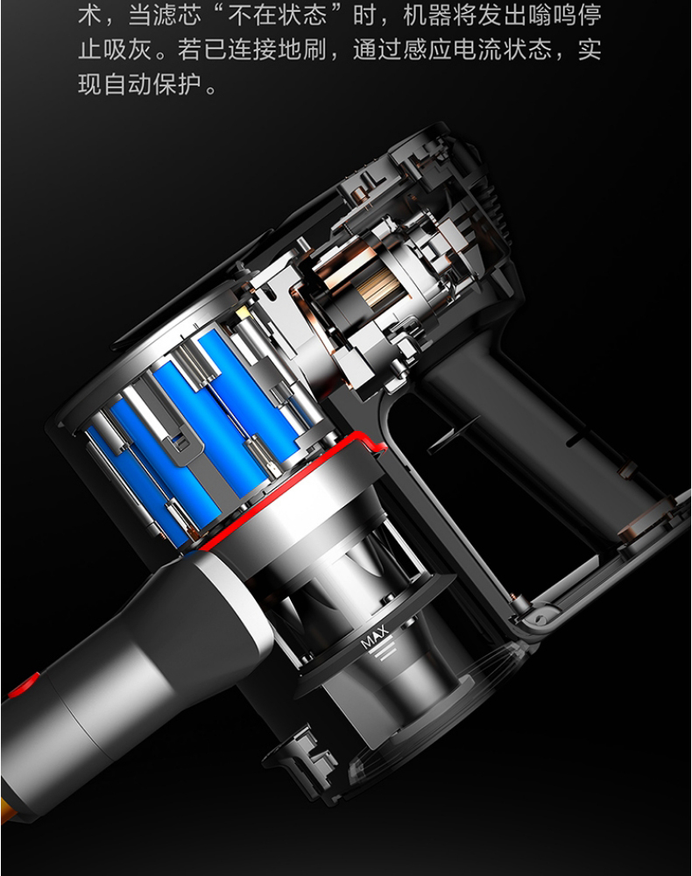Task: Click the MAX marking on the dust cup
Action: click(x=374, y=638)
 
